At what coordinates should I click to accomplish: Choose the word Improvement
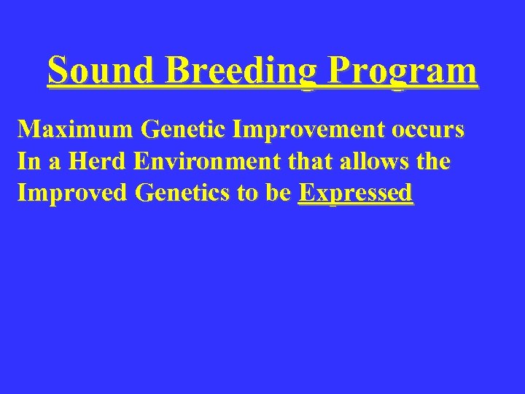pos(307,131)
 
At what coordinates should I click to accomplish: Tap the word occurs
pos(428,131)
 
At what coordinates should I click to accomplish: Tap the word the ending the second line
pos(433,162)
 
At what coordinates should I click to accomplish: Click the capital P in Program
pos(339,72)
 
